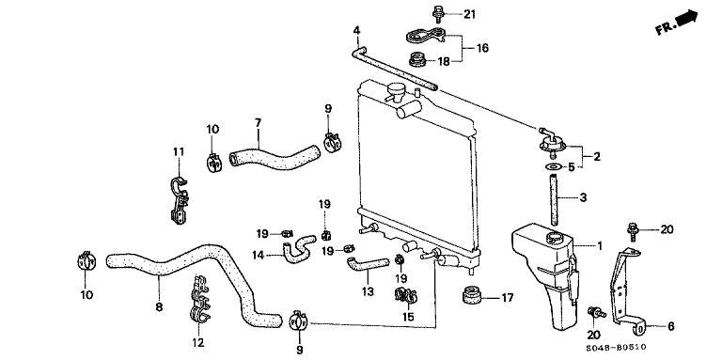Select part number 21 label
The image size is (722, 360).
click(469, 15)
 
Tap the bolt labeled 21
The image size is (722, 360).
click(436, 14)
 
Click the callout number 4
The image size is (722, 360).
click(356, 31)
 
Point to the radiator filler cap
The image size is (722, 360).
click(395, 90)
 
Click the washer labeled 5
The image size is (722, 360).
click(554, 166)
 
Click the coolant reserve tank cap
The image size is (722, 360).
click(554, 239)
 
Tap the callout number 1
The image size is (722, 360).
click(600, 247)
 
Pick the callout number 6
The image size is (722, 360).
click(670, 327)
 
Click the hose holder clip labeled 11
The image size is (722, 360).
click(180, 199)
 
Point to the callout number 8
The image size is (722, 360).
click(159, 306)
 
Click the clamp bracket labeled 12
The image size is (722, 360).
click(199, 299)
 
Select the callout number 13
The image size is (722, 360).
click(369, 291)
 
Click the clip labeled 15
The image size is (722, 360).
click(406, 296)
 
